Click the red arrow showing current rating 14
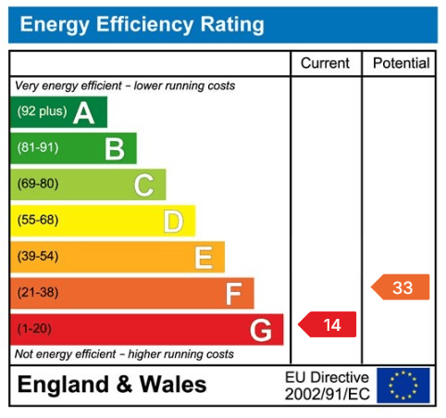(x=328, y=324)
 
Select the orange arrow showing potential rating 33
(x=400, y=287)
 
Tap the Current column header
(x=325, y=63)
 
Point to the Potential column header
(x=401, y=63)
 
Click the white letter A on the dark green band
(x=83, y=113)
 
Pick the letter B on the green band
(x=115, y=149)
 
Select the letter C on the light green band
(x=144, y=185)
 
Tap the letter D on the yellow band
(x=173, y=222)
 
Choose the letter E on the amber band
(x=204, y=258)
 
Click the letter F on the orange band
(x=233, y=294)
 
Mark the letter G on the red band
(x=261, y=330)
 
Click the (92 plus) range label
(x=42, y=111)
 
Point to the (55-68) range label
(x=38, y=220)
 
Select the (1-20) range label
(x=34, y=328)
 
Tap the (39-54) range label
(x=38, y=256)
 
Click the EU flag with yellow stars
(x=403, y=386)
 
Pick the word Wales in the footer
(x=173, y=385)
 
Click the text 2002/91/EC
(x=328, y=394)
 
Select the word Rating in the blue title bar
(x=232, y=25)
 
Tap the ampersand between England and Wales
(x=124, y=385)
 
